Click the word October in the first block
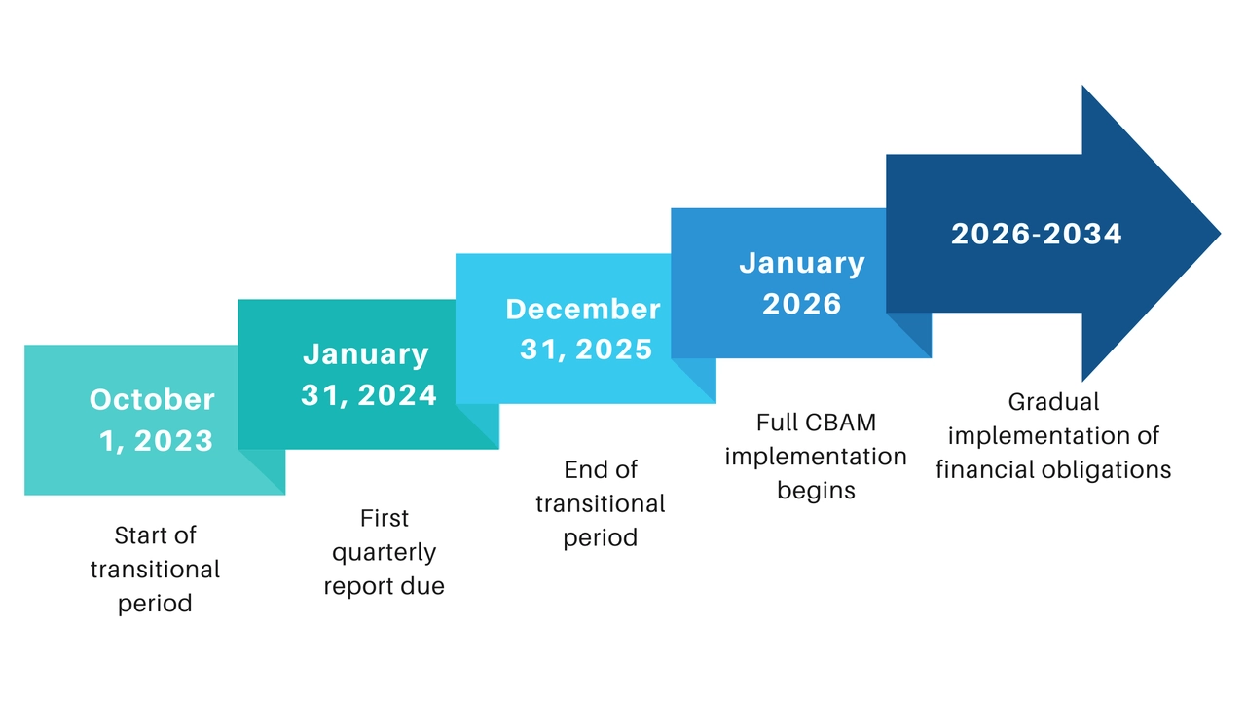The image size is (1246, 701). pos(152,399)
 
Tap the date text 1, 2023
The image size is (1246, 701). pos(156,441)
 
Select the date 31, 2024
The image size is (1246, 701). pos(369,395)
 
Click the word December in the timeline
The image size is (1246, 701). pos(583,310)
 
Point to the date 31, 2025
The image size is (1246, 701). pos(586,350)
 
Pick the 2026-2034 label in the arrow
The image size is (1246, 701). pos(1037,235)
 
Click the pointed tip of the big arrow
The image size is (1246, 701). pos(1217,234)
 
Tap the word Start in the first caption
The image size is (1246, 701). pos(140,535)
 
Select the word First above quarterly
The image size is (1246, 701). pos(385,518)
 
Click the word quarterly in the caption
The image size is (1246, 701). pos(385,553)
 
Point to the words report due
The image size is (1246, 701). pos(385,587)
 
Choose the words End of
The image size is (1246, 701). pos(601,470)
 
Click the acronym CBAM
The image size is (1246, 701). pos(842,424)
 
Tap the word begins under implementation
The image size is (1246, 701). pos(816,491)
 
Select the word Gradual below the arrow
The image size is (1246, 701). pos(1053,402)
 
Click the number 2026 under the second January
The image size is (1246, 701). pos(802,304)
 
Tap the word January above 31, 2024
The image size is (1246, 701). pos(366,354)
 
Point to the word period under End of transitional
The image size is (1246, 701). pos(601,537)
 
